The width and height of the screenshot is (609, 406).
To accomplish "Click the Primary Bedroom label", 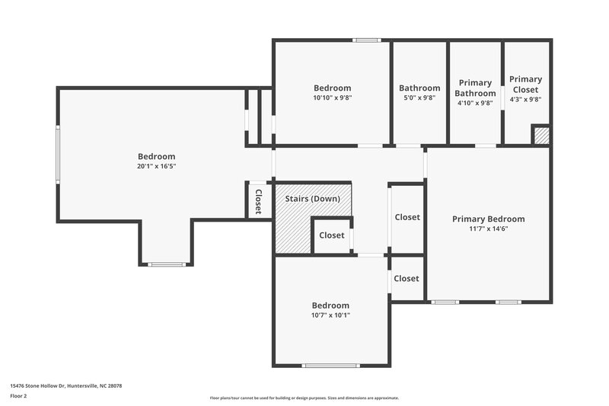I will (488, 219).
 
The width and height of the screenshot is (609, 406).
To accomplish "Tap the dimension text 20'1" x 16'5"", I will (156, 166).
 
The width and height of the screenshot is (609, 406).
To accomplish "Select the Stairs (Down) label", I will (312, 199).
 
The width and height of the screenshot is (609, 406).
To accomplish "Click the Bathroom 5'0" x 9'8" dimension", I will (419, 98).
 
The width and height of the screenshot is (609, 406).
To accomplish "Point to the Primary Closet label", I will (525, 84).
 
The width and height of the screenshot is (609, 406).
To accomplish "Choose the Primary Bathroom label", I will (475, 88).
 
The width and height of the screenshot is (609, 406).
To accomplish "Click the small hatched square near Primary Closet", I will (540, 136).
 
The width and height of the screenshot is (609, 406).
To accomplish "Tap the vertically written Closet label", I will (258, 202).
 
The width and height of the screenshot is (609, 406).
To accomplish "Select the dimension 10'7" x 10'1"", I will (330, 315).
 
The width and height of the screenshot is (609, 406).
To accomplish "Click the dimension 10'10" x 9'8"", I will (332, 98).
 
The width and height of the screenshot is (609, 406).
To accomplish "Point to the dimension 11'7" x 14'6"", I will (488, 229).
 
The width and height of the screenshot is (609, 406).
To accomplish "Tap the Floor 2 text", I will (18, 396).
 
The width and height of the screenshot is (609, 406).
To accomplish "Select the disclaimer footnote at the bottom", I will (304, 398).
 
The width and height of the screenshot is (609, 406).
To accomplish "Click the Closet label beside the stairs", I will (331, 235).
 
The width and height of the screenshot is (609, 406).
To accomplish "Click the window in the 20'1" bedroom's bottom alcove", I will (166, 264).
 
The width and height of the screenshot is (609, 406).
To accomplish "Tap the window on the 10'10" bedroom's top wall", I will (367, 40).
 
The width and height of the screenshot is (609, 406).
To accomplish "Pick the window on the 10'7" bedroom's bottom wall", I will (330, 366).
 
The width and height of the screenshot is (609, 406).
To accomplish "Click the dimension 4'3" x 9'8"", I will (525, 99).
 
